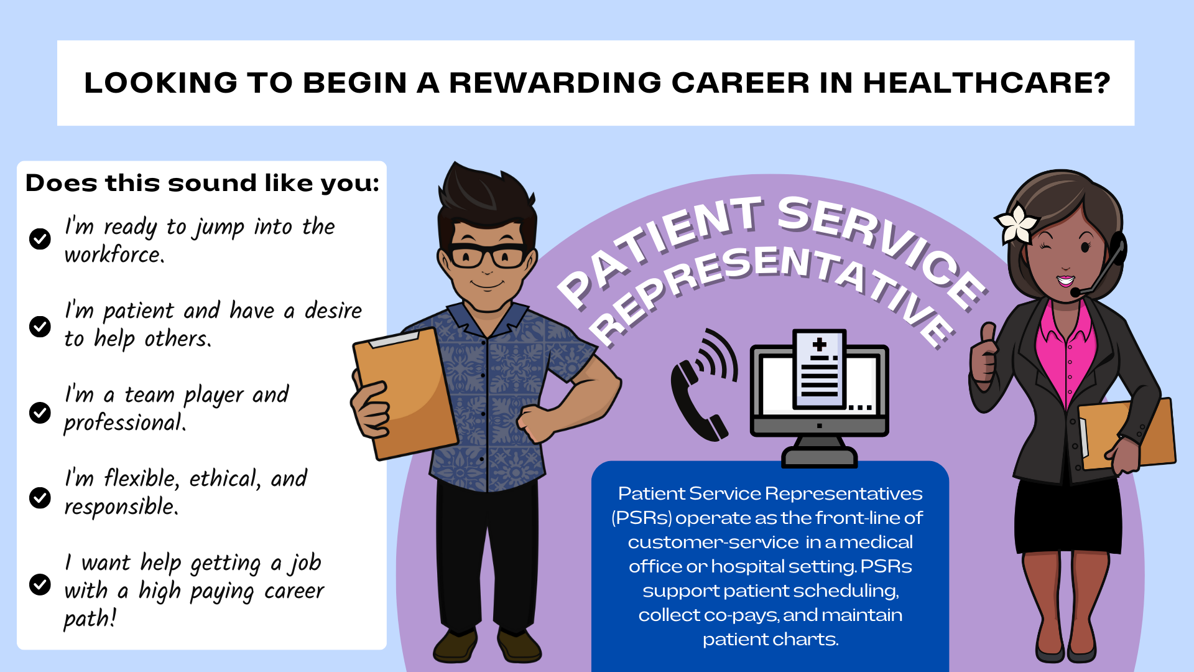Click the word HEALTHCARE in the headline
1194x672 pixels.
point(986,83)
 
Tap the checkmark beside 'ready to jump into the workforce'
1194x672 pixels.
point(40,238)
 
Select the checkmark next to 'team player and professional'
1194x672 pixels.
point(40,412)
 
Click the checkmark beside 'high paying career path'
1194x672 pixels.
point(40,584)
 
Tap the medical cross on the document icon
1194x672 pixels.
point(820,344)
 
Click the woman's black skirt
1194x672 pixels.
point(1068,516)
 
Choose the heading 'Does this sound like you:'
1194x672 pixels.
point(202,183)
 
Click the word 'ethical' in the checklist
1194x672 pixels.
point(224,478)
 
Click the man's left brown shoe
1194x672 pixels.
point(455,647)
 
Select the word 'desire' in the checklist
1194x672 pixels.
point(333,310)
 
